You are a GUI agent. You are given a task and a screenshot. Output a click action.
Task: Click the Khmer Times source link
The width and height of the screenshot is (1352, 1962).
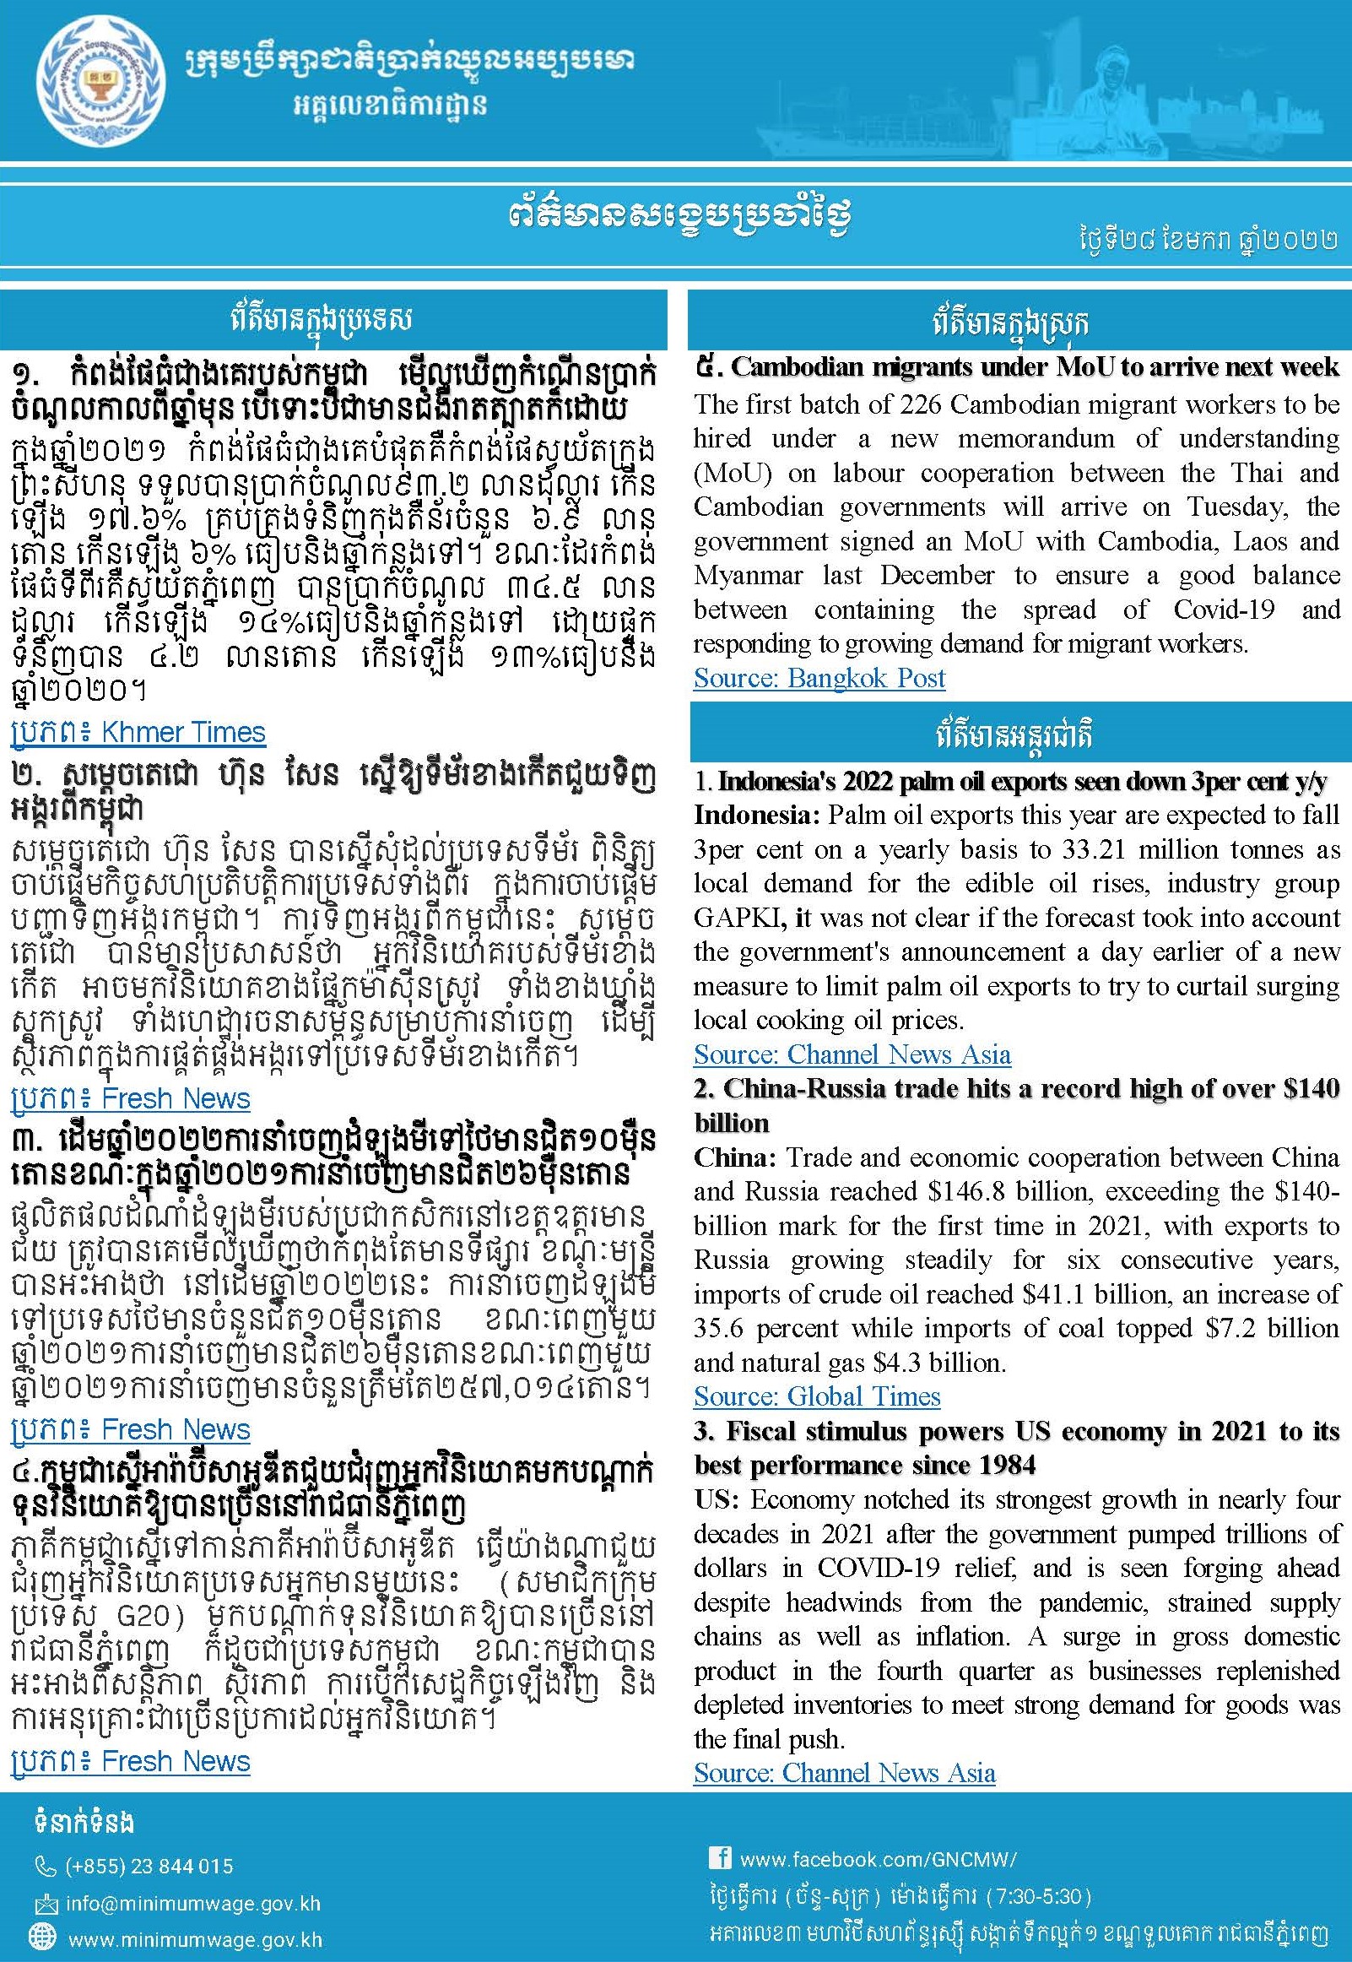click(138, 732)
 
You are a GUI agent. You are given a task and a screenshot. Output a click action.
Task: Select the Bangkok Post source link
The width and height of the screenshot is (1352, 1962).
click(819, 678)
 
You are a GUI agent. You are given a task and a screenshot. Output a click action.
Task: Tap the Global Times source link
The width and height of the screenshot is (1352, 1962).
click(817, 1396)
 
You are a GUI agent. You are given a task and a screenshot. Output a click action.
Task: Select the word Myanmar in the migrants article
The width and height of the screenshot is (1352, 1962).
click(748, 575)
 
